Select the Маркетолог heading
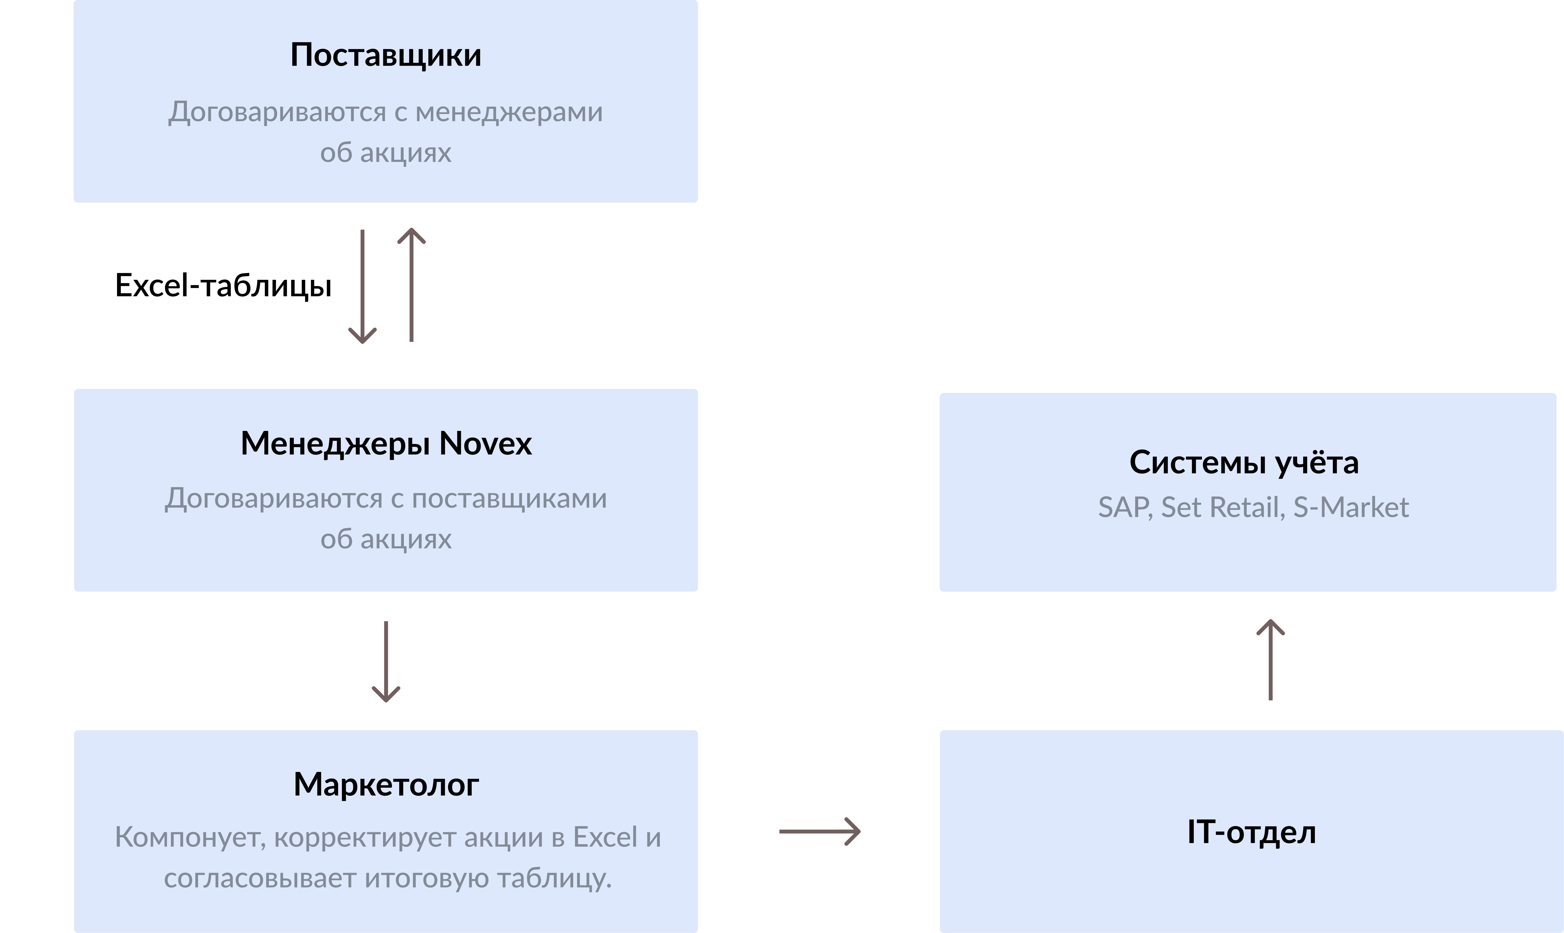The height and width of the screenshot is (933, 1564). pyautogui.click(x=386, y=785)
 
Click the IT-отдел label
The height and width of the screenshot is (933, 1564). pyautogui.click(x=1251, y=832)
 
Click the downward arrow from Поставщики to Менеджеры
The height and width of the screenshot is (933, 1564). pyautogui.click(x=363, y=286)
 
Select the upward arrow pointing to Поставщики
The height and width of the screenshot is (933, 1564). pyautogui.click(x=412, y=285)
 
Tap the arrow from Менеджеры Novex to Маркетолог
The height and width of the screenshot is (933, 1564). pyautogui.click(x=386, y=661)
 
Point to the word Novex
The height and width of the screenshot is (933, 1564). pyautogui.click(x=485, y=444)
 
